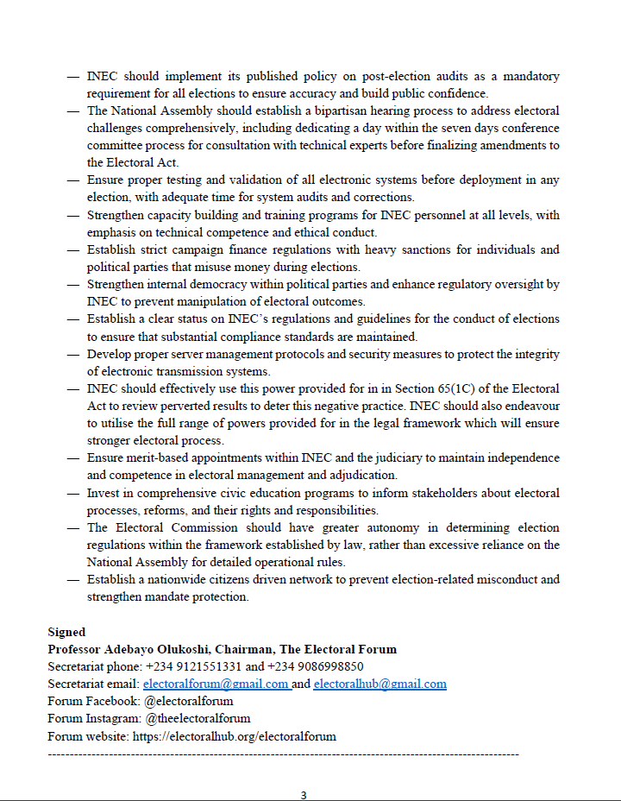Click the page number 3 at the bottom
point(304,795)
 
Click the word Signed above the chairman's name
point(66,633)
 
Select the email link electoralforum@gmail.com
point(216,684)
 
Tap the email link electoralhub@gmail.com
point(379,684)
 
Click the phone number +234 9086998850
point(317,667)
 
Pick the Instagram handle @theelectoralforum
point(198,719)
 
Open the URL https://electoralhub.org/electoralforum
point(234,736)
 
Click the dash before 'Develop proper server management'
point(73,355)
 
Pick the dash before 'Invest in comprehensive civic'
point(73,494)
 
